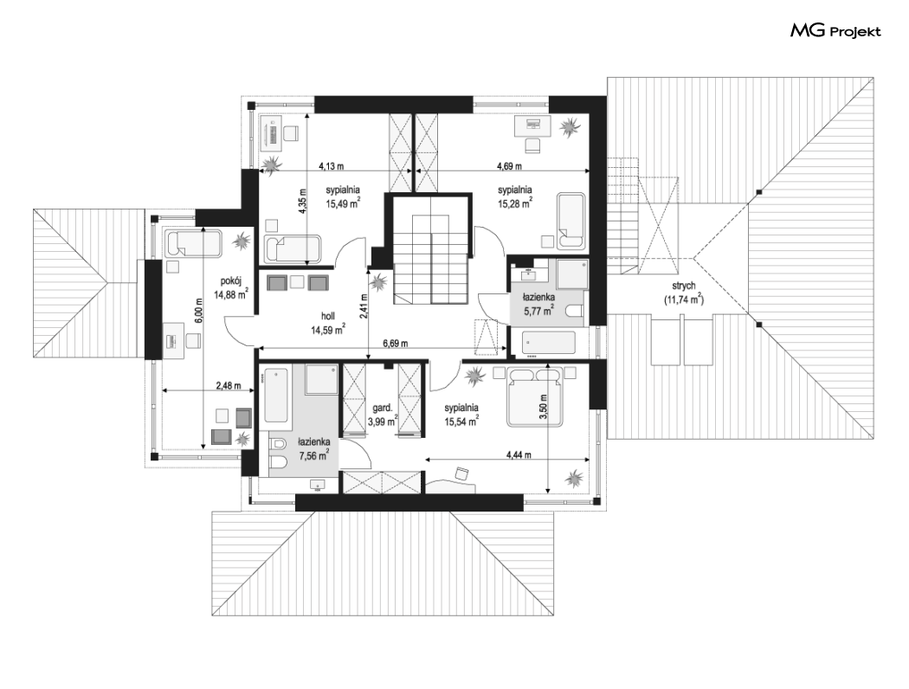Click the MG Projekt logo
835,31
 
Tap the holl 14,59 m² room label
328,324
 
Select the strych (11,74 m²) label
684,293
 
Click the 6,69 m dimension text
396,343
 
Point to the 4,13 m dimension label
331,166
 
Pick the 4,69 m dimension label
509,166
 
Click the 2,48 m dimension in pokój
228,385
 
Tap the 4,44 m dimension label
519,455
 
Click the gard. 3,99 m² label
383,415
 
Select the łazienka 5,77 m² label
539,304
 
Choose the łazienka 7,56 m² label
314,448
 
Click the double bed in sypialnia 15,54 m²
534,396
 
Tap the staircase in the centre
431,259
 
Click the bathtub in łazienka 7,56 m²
275,396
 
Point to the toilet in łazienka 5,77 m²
574,313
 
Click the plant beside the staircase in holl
379,283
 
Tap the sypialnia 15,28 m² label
515,196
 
